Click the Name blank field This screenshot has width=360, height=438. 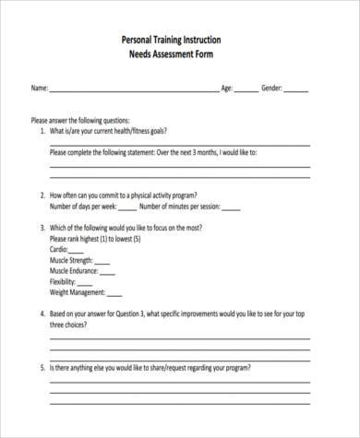pyautogui.click(x=133, y=90)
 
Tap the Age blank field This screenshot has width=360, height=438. pyautogui.click(x=246, y=90)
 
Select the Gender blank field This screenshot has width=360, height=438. pyautogui.click(x=297, y=90)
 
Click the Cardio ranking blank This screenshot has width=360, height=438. pyautogui.click(x=76, y=251)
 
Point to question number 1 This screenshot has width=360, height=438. pyautogui.click(x=42, y=131)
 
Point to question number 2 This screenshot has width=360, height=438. pyautogui.click(x=42, y=195)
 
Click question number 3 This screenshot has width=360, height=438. pyautogui.click(x=42, y=228)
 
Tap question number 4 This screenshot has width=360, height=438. pyautogui.click(x=42, y=315)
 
